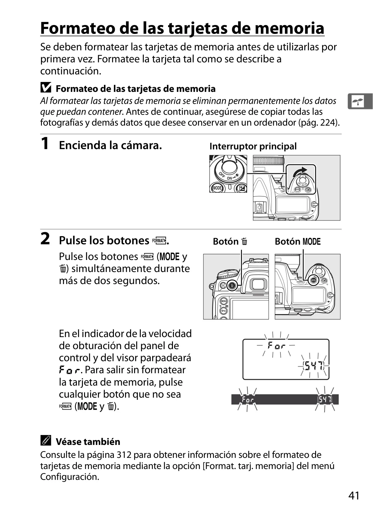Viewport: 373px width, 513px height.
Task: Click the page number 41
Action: point(354,495)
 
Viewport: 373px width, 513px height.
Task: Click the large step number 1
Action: point(45,144)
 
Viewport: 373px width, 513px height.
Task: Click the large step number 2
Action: point(45,239)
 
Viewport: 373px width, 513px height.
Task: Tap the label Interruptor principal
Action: point(253,146)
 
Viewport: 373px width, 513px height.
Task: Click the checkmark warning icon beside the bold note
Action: point(46,87)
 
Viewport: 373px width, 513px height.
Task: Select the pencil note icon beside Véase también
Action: point(46,440)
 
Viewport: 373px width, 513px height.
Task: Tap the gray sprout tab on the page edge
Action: point(360,101)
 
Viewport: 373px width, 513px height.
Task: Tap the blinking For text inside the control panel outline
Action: point(277,345)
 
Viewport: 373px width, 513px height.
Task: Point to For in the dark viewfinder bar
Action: point(247,400)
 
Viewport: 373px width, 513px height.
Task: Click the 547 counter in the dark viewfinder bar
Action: point(325,400)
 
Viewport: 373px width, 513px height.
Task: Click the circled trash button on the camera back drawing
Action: point(232,286)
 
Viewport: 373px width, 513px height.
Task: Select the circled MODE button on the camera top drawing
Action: point(313,280)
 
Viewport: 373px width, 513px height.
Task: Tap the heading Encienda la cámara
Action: point(111,145)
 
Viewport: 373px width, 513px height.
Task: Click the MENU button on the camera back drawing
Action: point(223,301)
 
